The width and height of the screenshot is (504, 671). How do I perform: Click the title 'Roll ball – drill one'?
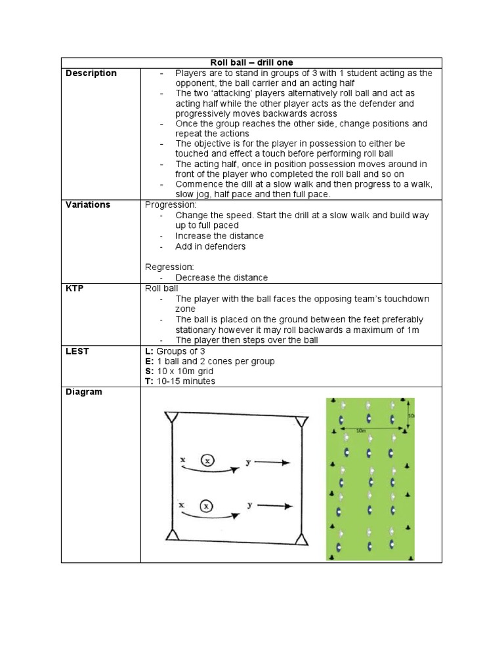point(251,62)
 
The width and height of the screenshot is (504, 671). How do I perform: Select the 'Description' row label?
point(91,73)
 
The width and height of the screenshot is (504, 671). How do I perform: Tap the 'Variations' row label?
point(88,204)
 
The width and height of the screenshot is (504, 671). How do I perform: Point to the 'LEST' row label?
point(78,351)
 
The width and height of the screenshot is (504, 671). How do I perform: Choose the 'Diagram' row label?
point(84,392)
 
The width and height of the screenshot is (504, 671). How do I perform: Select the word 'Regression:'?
point(169,267)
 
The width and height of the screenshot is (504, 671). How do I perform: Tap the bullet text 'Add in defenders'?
point(210,246)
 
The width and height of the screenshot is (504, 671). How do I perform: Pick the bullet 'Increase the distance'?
point(219,236)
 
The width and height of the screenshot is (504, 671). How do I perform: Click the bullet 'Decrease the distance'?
point(221,278)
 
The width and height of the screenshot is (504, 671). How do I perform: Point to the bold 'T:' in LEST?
point(149,381)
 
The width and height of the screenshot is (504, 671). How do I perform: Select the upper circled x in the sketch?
point(207,461)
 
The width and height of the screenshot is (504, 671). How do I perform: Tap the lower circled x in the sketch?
point(207,506)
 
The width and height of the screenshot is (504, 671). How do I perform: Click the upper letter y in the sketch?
point(249,462)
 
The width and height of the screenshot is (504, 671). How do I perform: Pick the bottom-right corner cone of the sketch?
point(301,539)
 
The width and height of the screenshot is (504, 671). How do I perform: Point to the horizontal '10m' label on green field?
point(360,431)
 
